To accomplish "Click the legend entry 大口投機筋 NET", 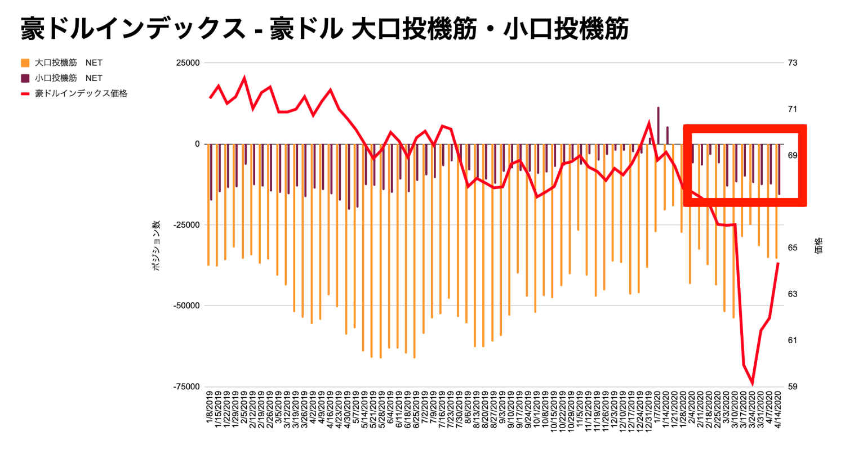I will click(x=68, y=63).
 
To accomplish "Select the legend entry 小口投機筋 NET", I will click(x=68, y=78).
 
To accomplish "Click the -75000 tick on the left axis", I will click(x=187, y=387).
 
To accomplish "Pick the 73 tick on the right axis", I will click(x=793, y=63).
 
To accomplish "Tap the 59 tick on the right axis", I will click(x=793, y=387).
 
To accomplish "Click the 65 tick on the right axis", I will click(x=793, y=248).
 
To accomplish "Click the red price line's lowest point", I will click(x=753, y=384).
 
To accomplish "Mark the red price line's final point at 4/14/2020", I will click(x=778, y=263).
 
